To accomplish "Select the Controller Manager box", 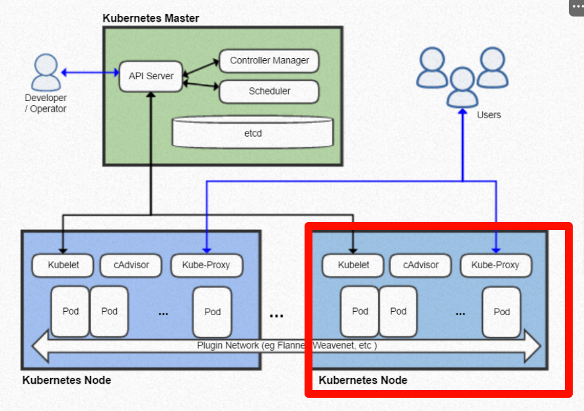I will tap(269, 61).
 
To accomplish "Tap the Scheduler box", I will tap(269, 91).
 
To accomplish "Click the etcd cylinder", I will tap(252, 132).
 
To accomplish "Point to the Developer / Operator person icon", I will tap(46, 73).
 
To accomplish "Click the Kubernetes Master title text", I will tap(151, 18).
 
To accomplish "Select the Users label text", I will tap(489, 115).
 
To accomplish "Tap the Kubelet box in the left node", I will tap(63, 266).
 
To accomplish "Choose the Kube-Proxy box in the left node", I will tap(206, 266).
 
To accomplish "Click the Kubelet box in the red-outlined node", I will tap(353, 266).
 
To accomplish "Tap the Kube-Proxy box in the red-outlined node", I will tap(495, 266).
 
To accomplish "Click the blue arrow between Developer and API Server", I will tap(90, 72).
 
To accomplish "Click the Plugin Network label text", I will tap(287, 346).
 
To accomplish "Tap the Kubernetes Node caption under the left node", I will tap(67, 381).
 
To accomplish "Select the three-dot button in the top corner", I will tap(576, 5).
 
